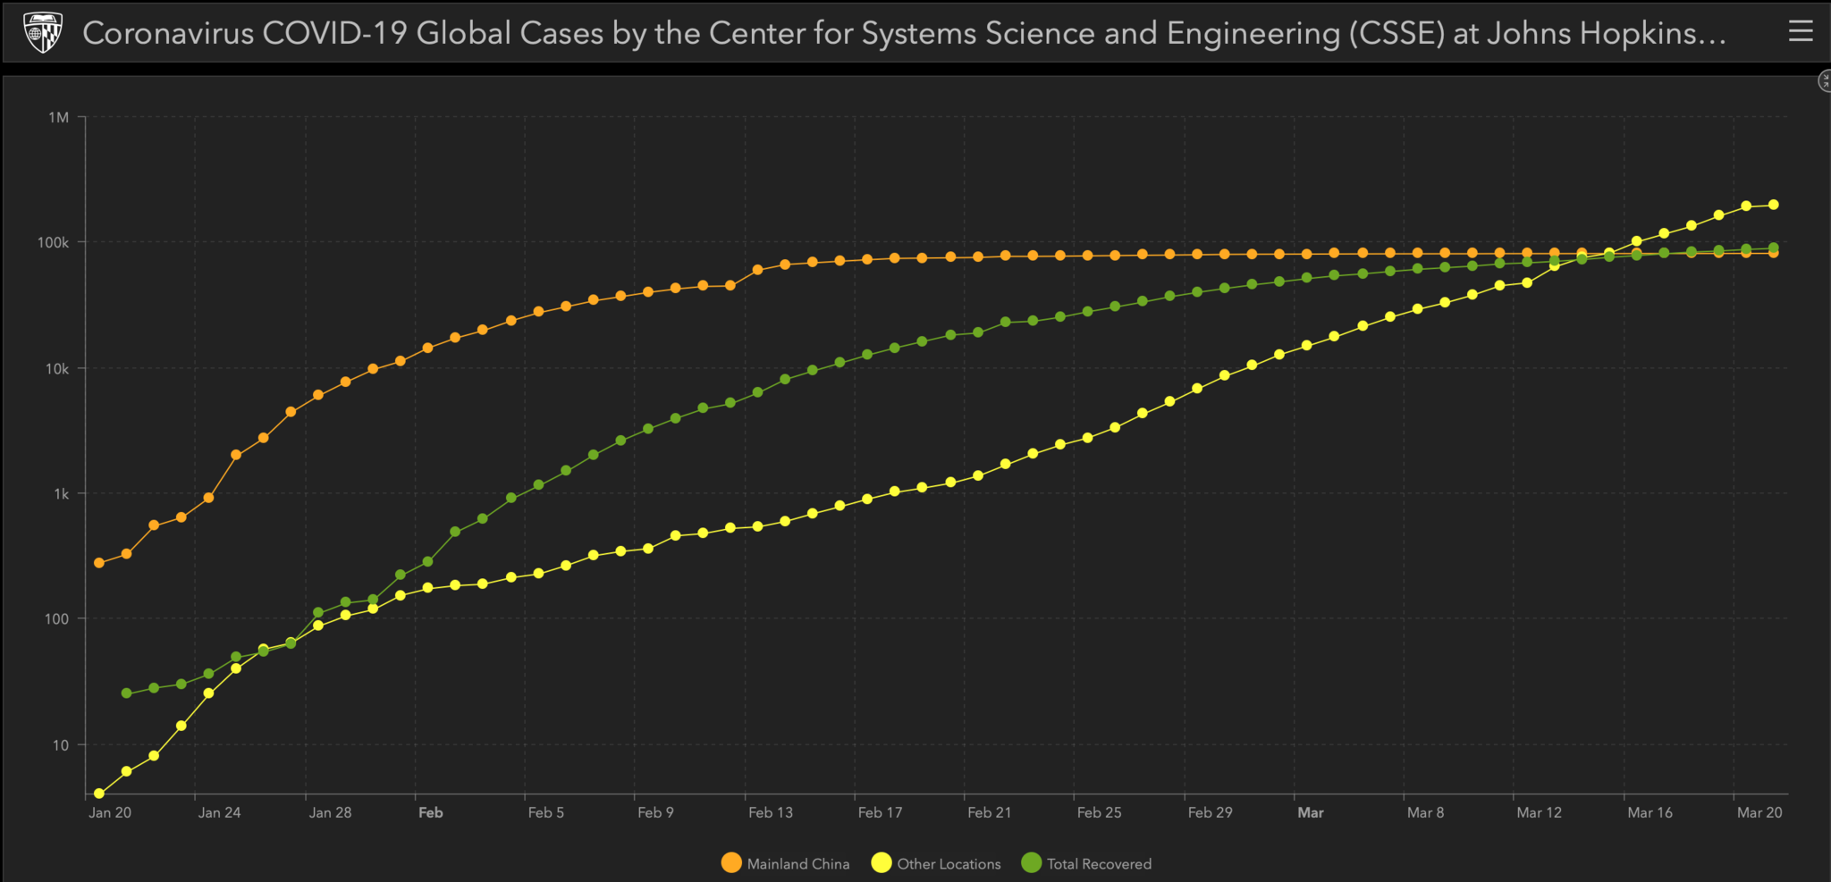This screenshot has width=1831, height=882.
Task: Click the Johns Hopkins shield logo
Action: pos(42,32)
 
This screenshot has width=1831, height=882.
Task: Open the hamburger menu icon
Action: pos(1801,31)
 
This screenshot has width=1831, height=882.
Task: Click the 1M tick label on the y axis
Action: pos(58,117)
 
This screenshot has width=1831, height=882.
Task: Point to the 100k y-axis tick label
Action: pos(53,242)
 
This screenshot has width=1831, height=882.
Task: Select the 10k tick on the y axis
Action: pos(56,368)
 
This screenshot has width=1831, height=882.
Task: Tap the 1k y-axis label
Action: pos(60,493)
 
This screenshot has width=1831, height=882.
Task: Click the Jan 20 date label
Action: pos(110,812)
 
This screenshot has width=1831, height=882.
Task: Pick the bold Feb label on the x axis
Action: pos(430,812)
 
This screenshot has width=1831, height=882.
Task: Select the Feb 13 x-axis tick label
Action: pos(770,812)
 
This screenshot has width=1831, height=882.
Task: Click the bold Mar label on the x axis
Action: pos(1310,812)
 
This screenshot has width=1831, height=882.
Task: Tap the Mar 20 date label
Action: pos(1759,812)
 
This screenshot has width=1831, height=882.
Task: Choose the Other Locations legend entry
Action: pos(936,863)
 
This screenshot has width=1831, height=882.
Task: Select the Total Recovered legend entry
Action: pos(1086,863)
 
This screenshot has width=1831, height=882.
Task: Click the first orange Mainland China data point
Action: pos(99,563)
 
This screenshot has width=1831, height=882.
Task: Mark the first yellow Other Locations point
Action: pos(99,794)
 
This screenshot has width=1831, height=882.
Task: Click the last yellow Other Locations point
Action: pos(1773,205)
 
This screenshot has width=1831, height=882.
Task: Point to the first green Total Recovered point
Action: pos(126,693)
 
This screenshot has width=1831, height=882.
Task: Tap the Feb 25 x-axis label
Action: pos(1099,812)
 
